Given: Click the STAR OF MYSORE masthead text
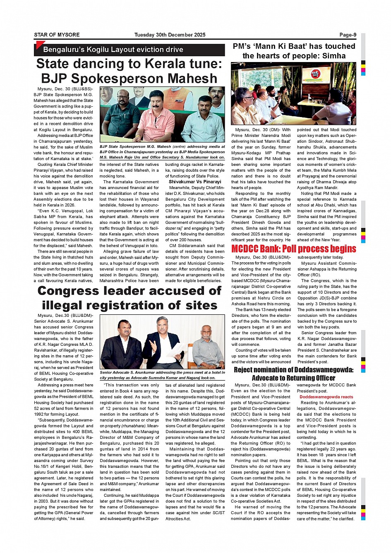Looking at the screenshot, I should pyautogui.click(x=57, y=35).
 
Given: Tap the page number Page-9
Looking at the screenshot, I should pyautogui.click(x=348, y=35).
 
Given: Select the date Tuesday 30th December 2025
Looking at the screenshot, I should pyautogui.click(x=170, y=35).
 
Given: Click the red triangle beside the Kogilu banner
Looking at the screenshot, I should pyautogui.click(x=40, y=44).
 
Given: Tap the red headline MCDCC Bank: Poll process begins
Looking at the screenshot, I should pyautogui.click(x=293, y=249).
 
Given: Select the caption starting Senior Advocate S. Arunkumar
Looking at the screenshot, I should pyautogui.click(x=162, y=375).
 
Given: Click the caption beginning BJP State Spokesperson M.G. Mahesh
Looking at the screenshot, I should pyautogui.click(x=162, y=152).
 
